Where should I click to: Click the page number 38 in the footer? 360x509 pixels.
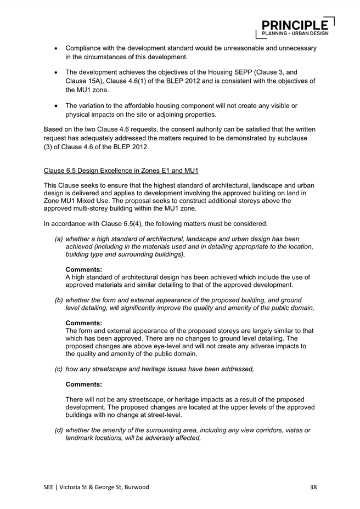313,487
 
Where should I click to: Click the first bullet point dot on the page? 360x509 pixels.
57,49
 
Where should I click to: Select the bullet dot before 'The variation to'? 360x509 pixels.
57,106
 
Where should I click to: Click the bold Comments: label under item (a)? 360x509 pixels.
83,269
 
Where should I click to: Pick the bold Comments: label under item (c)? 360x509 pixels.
83,386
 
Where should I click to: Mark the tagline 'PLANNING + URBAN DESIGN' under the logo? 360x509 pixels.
295,33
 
